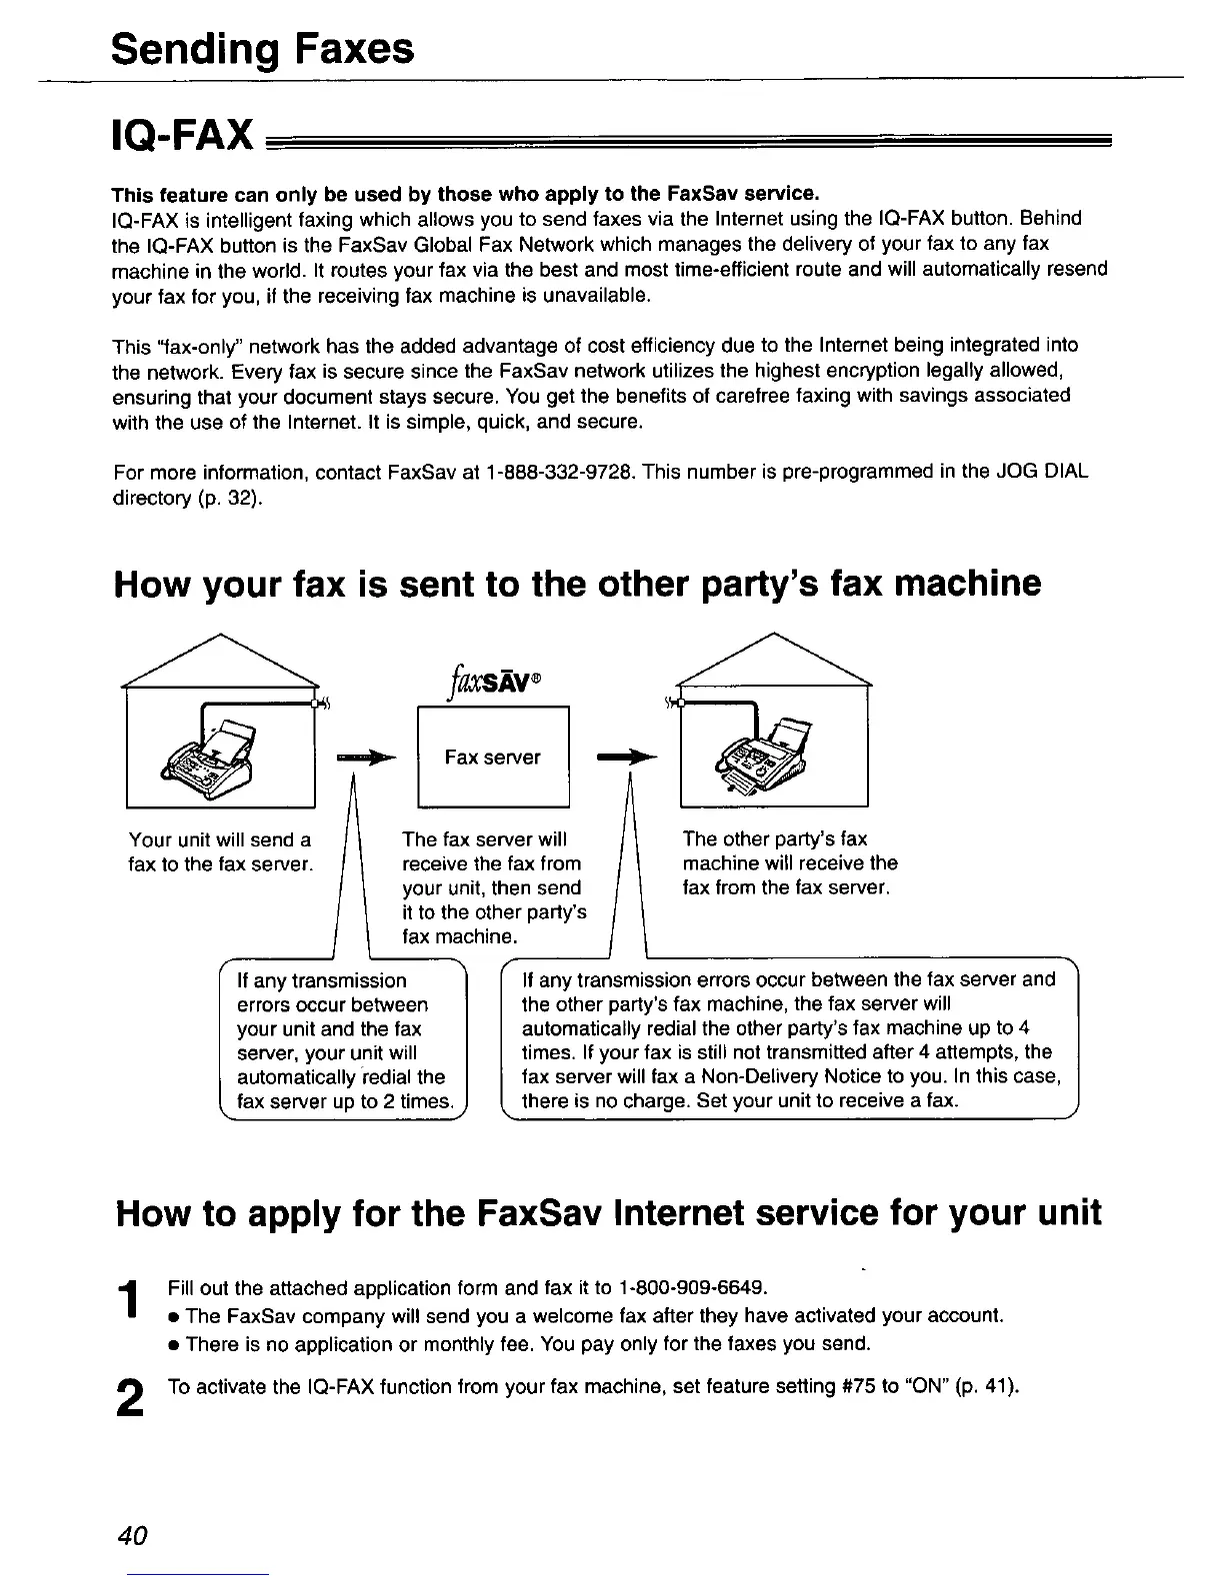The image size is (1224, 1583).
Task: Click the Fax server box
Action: pyautogui.click(x=492, y=757)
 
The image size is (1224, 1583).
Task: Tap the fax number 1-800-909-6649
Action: pyautogui.click(x=693, y=1285)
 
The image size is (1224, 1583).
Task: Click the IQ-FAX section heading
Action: pyautogui.click(x=182, y=135)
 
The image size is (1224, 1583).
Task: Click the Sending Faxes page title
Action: pyautogui.click(x=262, y=48)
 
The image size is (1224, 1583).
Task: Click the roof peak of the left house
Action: pyautogui.click(x=219, y=636)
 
